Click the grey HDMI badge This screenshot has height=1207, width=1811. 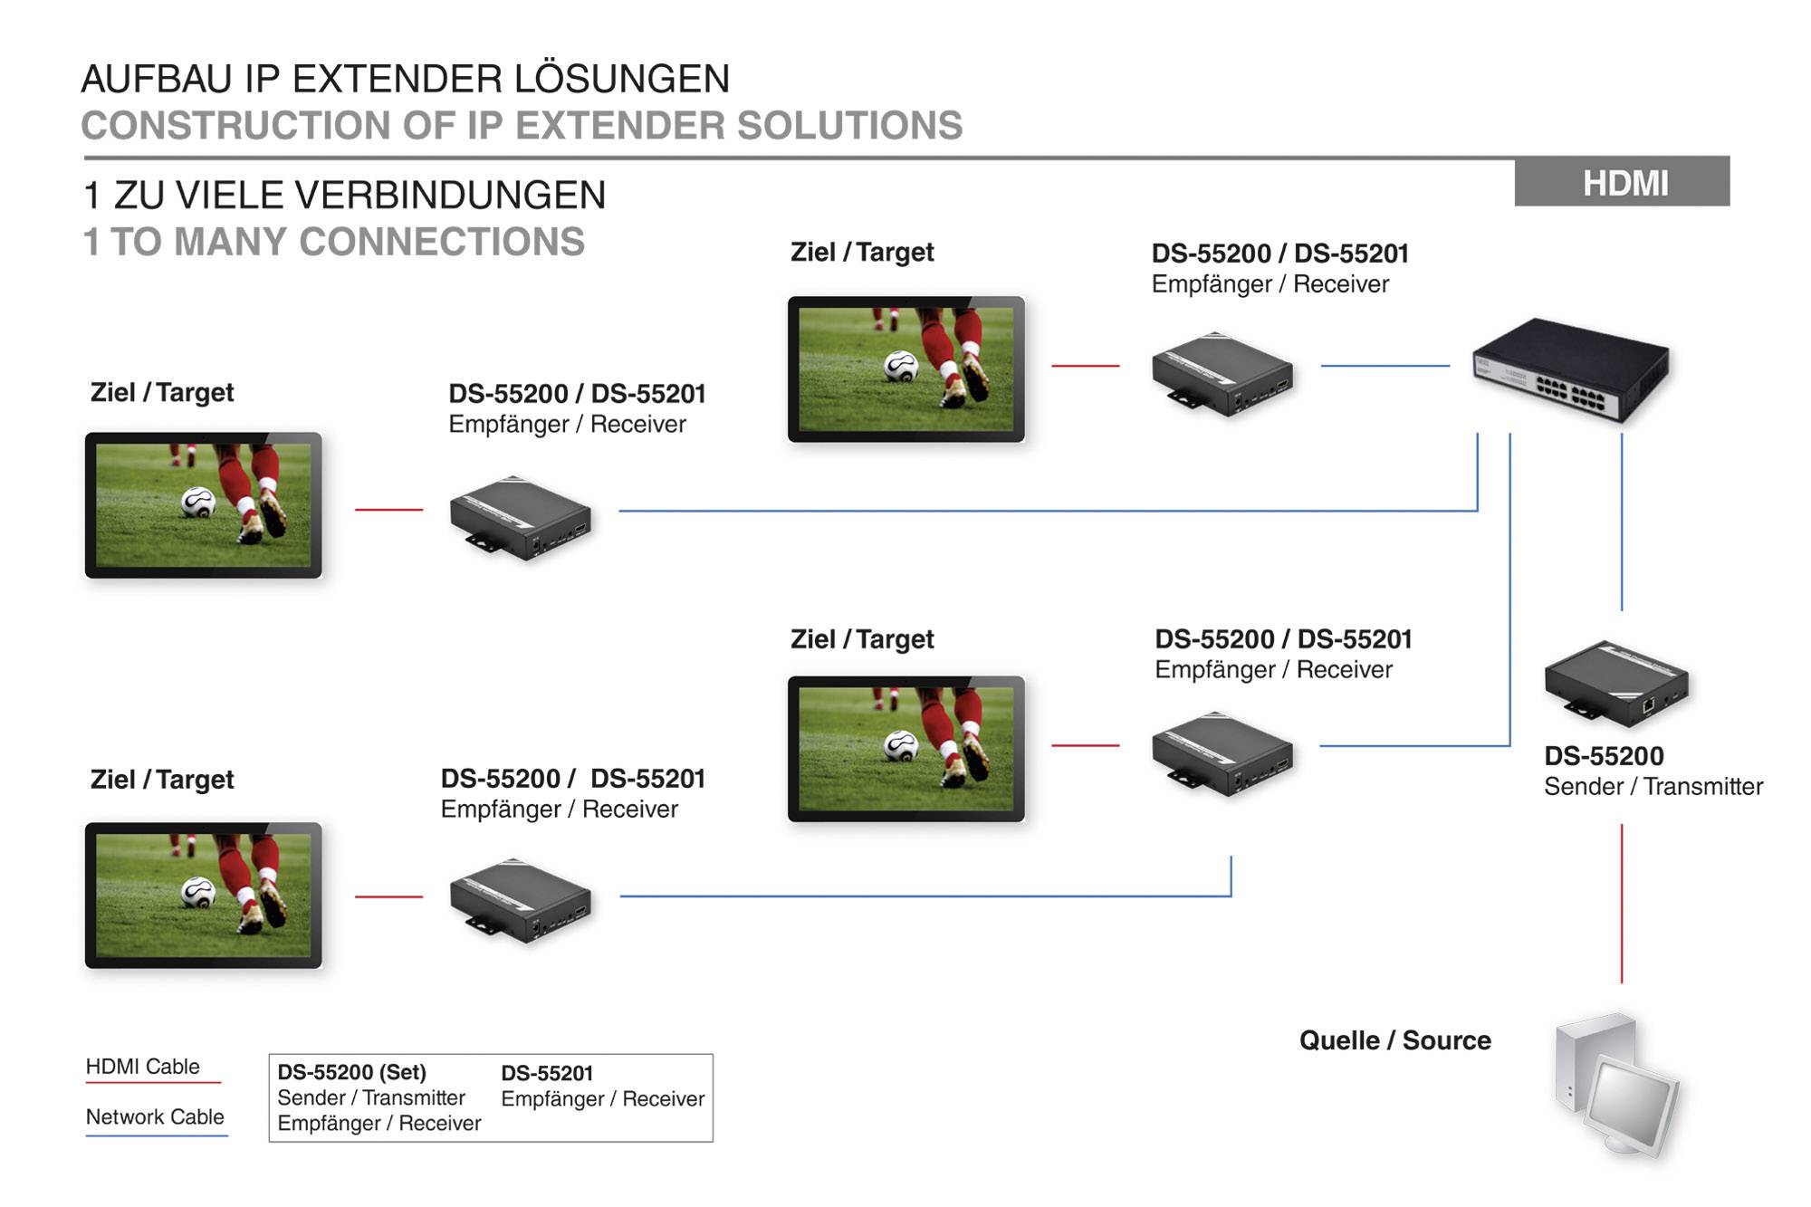click(1622, 182)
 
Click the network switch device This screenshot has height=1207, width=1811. click(1571, 369)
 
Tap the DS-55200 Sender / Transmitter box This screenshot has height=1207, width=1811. click(1616, 684)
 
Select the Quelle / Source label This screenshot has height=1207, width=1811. click(1394, 1040)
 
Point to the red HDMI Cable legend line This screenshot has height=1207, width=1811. click(153, 1082)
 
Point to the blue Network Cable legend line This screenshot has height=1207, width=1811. click(156, 1135)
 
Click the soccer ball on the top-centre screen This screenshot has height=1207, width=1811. click(901, 366)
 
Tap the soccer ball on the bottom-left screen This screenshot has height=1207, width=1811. click(197, 893)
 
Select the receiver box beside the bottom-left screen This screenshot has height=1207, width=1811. click(521, 901)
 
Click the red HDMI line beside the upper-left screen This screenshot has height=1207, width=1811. click(388, 510)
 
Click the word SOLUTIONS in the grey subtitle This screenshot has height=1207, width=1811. click(849, 126)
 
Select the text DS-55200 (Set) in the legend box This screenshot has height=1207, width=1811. click(351, 1072)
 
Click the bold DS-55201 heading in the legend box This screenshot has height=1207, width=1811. click(547, 1073)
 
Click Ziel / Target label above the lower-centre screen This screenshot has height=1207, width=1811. click(861, 639)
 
